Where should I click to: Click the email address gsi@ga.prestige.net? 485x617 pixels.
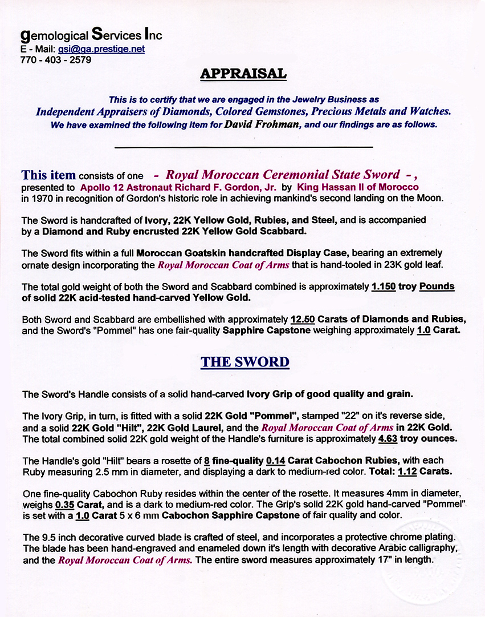click(x=101, y=49)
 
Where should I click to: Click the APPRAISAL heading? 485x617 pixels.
click(x=243, y=74)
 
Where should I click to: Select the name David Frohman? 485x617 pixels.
click(x=263, y=124)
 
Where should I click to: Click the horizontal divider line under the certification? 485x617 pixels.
click(x=243, y=147)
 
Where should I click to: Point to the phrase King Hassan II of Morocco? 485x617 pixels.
click(x=358, y=187)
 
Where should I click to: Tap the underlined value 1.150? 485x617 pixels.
click(x=383, y=287)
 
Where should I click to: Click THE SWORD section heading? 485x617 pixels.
click(x=244, y=362)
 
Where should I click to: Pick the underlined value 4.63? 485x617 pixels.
click(x=390, y=439)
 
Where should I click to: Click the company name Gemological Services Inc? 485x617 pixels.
click(x=91, y=35)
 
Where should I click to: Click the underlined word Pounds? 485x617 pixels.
click(x=437, y=287)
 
